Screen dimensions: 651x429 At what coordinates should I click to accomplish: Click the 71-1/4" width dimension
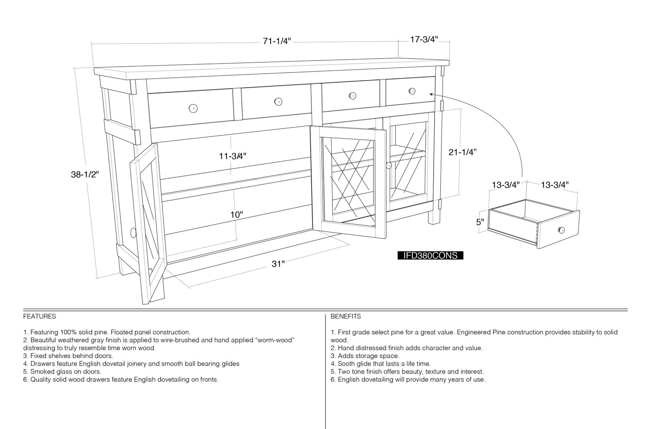[277, 41]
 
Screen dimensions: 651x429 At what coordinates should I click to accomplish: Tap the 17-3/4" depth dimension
[424, 39]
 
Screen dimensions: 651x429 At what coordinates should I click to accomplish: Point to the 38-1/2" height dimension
[85, 174]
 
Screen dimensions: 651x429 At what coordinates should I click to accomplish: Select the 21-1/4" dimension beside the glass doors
[462, 152]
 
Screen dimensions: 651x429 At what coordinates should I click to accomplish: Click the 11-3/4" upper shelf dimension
[232, 156]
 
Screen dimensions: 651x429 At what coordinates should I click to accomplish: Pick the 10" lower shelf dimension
[236, 215]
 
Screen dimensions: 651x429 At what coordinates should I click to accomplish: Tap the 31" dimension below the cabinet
[278, 264]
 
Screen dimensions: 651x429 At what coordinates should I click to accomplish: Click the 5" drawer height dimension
[480, 222]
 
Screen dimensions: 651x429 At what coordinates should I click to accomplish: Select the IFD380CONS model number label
[430, 256]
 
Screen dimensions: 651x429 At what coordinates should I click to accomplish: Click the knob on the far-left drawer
[193, 108]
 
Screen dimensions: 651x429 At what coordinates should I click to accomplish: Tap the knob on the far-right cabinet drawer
[412, 91]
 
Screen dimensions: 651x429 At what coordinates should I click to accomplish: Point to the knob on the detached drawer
[561, 230]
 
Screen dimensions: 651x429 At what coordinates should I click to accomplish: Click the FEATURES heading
[39, 316]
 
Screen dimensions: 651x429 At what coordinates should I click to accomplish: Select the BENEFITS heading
[345, 316]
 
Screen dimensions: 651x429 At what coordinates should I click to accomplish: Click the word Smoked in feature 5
[43, 372]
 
